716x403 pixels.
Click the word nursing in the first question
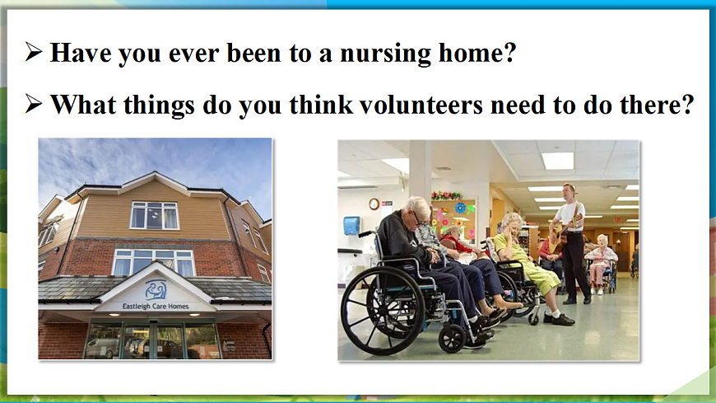(385, 54)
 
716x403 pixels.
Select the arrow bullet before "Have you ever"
(34, 51)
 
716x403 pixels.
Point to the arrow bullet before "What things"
(34, 103)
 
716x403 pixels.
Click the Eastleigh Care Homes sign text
(156, 306)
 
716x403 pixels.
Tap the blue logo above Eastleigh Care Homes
(156, 289)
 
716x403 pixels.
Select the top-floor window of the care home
(154, 215)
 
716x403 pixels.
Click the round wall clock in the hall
(374, 204)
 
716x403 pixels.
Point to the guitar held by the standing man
(564, 230)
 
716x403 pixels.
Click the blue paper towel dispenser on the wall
(351, 226)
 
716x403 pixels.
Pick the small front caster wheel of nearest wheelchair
(452, 339)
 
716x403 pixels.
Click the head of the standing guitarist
(569, 192)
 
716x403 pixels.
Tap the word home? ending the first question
(477, 53)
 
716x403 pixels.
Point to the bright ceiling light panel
(557, 161)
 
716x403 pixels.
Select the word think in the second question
(322, 105)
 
